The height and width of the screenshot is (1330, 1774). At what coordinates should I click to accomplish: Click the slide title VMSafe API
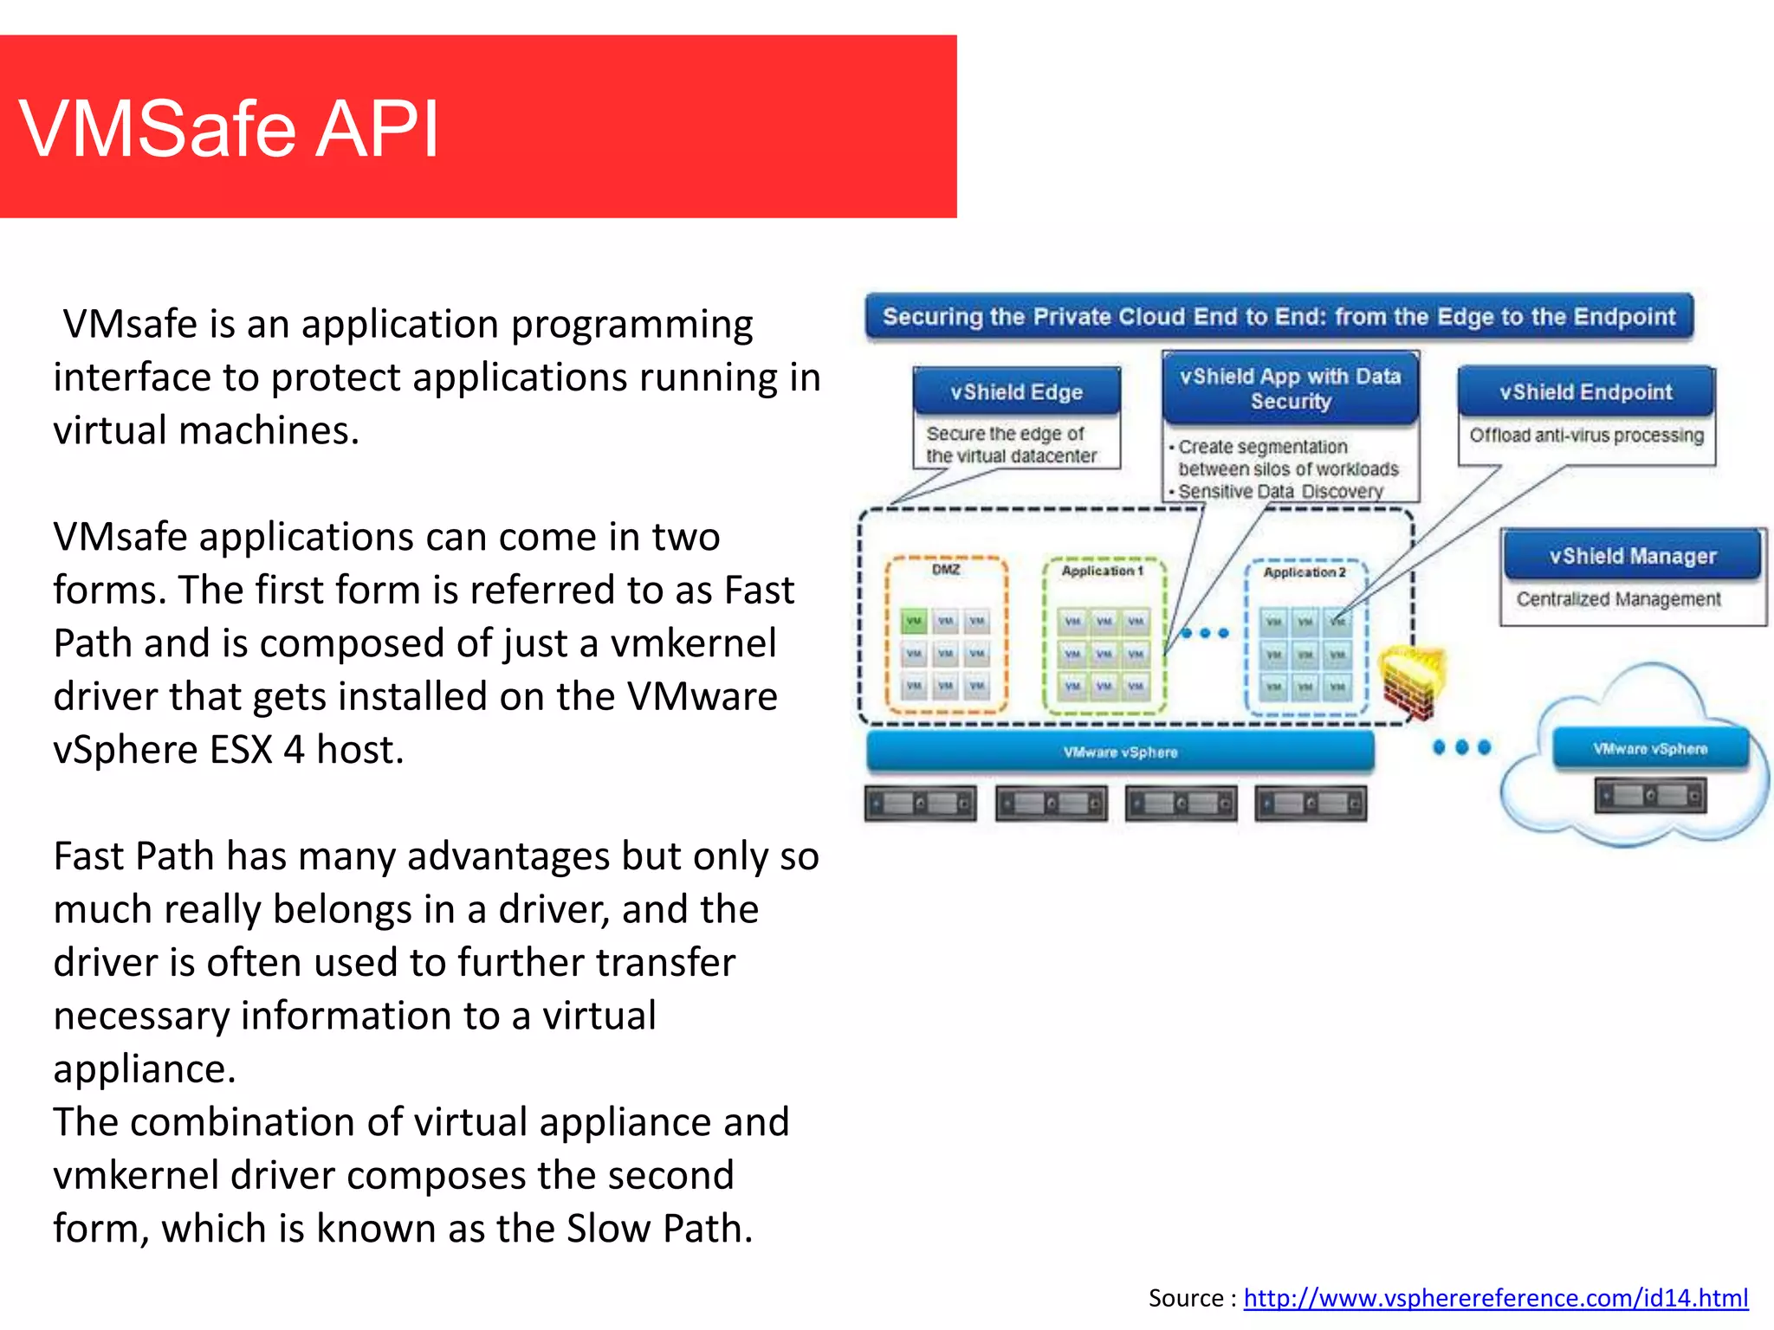click(x=230, y=129)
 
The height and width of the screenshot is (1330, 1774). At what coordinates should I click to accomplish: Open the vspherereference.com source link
click(x=1495, y=1297)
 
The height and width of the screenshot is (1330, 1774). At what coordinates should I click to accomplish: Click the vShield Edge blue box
click(x=1016, y=392)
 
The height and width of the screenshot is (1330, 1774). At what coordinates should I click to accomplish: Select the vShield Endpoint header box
click(x=1585, y=392)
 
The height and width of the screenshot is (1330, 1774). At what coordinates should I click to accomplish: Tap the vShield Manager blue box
click(x=1632, y=556)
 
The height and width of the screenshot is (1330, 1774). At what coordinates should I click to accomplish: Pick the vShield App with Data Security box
click(x=1290, y=389)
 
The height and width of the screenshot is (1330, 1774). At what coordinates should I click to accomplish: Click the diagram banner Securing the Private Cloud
click(x=1279, y=317)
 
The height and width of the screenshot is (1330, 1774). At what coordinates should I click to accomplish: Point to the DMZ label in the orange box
click(x=946, y=570)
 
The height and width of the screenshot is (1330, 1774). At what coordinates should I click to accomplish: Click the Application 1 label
click(x=1103, y=571)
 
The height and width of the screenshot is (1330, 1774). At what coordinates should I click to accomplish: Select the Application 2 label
click(x=1305, y=572)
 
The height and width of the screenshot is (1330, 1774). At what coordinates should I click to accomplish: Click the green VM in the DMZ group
click(x=914, y=621)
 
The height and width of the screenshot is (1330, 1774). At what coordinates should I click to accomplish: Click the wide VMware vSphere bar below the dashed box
click(x=1120, y=752)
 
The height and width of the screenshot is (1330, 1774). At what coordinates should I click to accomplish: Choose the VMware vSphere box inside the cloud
click(x=1650, y=749)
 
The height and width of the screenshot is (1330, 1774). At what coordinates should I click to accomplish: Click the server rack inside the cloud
click(x=1650, y=795)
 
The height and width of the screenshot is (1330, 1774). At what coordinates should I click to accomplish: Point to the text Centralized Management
click(x=1618, y=599)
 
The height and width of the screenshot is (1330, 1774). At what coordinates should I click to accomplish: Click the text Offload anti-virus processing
click(x=1586, y=436)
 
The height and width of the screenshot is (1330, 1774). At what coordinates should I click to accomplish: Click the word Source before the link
click(x=1186, y=1297)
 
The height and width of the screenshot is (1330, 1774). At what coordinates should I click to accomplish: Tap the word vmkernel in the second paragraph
click(x=693, y=643)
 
